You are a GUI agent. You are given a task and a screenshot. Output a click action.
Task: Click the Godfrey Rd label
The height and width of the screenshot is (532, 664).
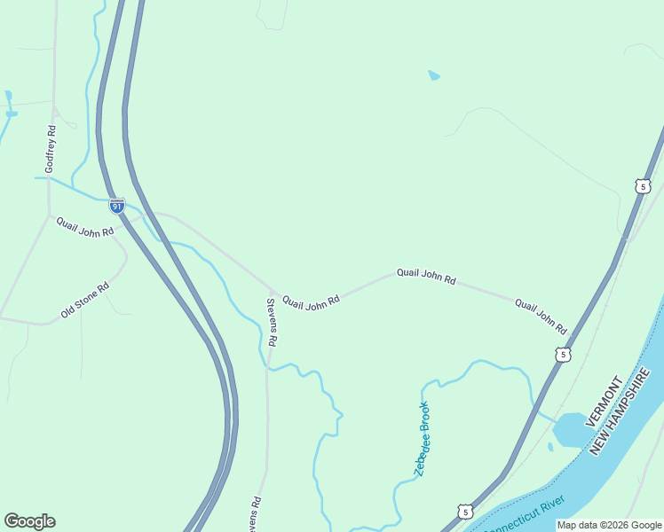[51, 149]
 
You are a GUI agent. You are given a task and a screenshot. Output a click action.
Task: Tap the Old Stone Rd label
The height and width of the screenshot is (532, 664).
[84, 301]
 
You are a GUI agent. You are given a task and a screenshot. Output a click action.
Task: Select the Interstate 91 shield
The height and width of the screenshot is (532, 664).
[117, 206]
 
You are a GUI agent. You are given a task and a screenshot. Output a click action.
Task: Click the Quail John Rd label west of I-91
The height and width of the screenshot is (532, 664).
[85, 227]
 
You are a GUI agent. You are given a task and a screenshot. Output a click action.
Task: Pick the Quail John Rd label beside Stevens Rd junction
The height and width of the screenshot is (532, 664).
[311, 302]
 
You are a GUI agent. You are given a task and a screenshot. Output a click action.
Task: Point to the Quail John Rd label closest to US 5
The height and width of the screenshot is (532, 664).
[541, 317]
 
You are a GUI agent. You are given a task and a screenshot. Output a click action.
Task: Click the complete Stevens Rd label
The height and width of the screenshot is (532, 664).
[273, 322]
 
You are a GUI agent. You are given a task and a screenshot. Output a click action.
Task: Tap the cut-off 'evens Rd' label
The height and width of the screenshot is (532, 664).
[254, 513]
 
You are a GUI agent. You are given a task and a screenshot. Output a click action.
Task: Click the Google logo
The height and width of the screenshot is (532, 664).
[29, 521]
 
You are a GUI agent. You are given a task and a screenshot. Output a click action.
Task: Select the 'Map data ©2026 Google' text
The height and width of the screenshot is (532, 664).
[610, 525]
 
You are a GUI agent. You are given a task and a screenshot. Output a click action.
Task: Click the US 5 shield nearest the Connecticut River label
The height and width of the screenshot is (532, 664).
[466, 512]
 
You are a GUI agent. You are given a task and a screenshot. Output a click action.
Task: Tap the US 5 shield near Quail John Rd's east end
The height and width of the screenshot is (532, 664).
[562, 355]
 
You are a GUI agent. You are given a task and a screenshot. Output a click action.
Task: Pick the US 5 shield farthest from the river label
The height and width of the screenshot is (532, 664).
[643, 186]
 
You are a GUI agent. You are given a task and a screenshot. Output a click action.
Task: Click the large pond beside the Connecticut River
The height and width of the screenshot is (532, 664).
[568, 431]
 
